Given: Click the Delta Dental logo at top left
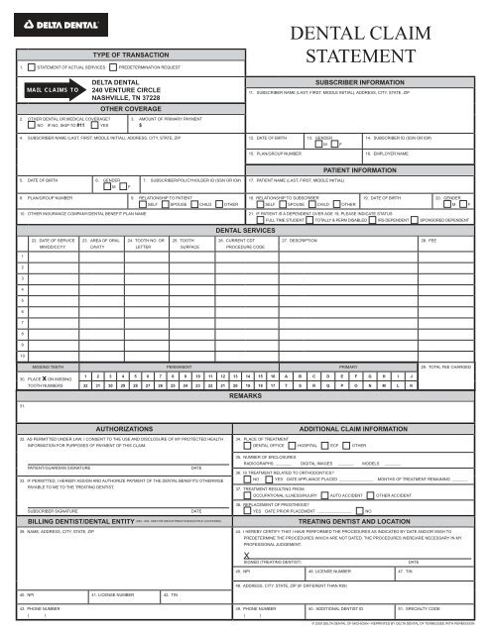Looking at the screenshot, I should pyautogui.click(x=46, y=11).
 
